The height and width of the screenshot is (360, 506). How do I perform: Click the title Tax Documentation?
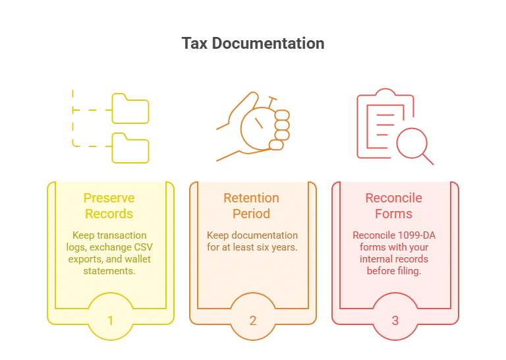[x=253, y=44]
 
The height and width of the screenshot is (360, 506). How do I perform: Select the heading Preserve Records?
[x=109, y=206]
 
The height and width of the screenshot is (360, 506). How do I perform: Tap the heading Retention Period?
[x=252, y=206]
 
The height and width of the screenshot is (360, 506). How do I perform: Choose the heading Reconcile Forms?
[x=394, y=206]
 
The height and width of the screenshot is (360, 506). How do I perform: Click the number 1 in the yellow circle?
[x=111, y=320]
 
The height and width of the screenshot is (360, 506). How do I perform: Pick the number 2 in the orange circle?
[x=253, y=320]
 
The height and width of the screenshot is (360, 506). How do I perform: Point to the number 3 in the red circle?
[x=395, y=320]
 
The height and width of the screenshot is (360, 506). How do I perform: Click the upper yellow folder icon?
[x=130, y=109]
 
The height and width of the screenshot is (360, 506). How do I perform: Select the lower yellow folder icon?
[x=130, y=148]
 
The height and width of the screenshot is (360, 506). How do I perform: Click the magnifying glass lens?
[x=412, y=143]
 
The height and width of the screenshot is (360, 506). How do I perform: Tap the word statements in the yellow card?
[x=109, y=271]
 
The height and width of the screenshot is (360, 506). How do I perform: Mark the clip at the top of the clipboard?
[x=385, y=93]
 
